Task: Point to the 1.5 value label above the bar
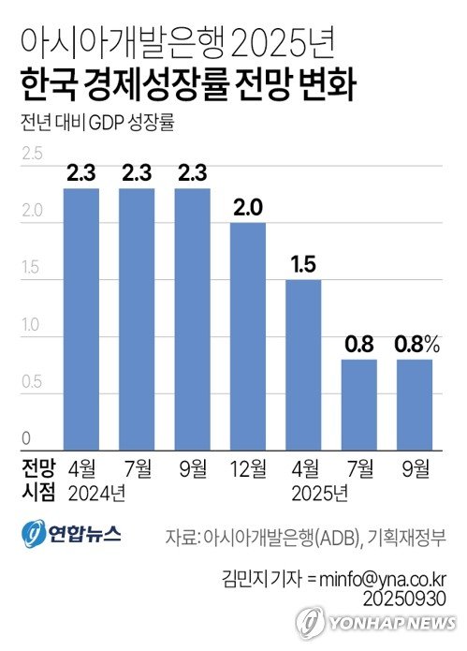(303, 265)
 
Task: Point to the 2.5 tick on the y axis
(31, 155)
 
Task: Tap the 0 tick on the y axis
(27, 438)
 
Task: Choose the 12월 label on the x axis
(248, 466)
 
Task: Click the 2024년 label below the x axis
(96, 490)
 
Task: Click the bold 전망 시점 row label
(38, 478)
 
